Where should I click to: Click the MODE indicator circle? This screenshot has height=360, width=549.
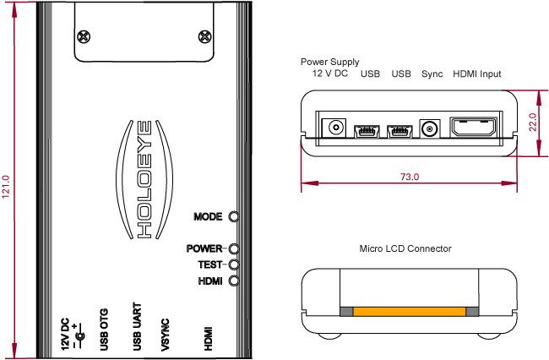click(234, 216)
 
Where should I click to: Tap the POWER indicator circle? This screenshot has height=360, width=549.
click(233, 248)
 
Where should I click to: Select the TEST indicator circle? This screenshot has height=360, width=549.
click(233, 265)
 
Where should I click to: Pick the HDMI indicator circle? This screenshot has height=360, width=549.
click(233, 280)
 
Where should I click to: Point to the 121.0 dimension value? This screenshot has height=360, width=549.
click(6, 187)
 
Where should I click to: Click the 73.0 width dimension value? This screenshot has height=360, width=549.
click(410, 177)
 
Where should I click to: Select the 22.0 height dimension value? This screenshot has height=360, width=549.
click(533, 123)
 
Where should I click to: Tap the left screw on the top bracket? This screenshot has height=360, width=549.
click(83, 36)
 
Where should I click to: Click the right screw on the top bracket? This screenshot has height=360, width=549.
click(204, 36)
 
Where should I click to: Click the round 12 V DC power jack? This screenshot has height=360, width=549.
click(336, 128)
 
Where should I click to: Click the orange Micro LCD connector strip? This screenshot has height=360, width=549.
click(409, 312)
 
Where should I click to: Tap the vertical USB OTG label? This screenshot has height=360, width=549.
click(104, 329)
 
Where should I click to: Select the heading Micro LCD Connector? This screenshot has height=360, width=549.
click(405, 248)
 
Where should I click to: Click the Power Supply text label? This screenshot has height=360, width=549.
click(329, 62)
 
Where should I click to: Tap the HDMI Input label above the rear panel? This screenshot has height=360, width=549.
click(476, 74)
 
